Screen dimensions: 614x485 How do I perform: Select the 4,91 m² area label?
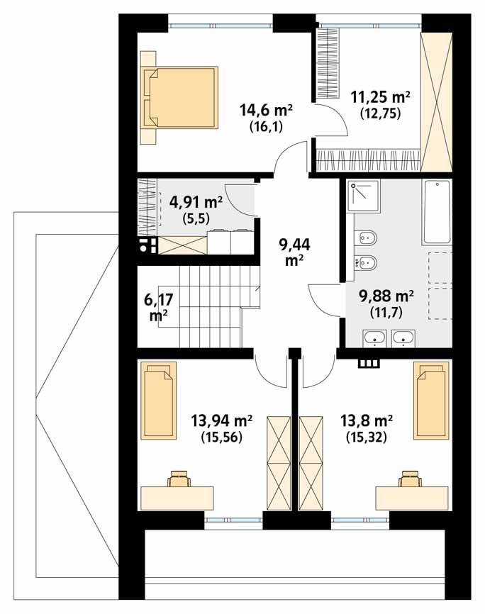pyautogui.click(x=196, y=201)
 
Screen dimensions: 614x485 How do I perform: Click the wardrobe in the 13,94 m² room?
pyautogui.click(x=277, y=462)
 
